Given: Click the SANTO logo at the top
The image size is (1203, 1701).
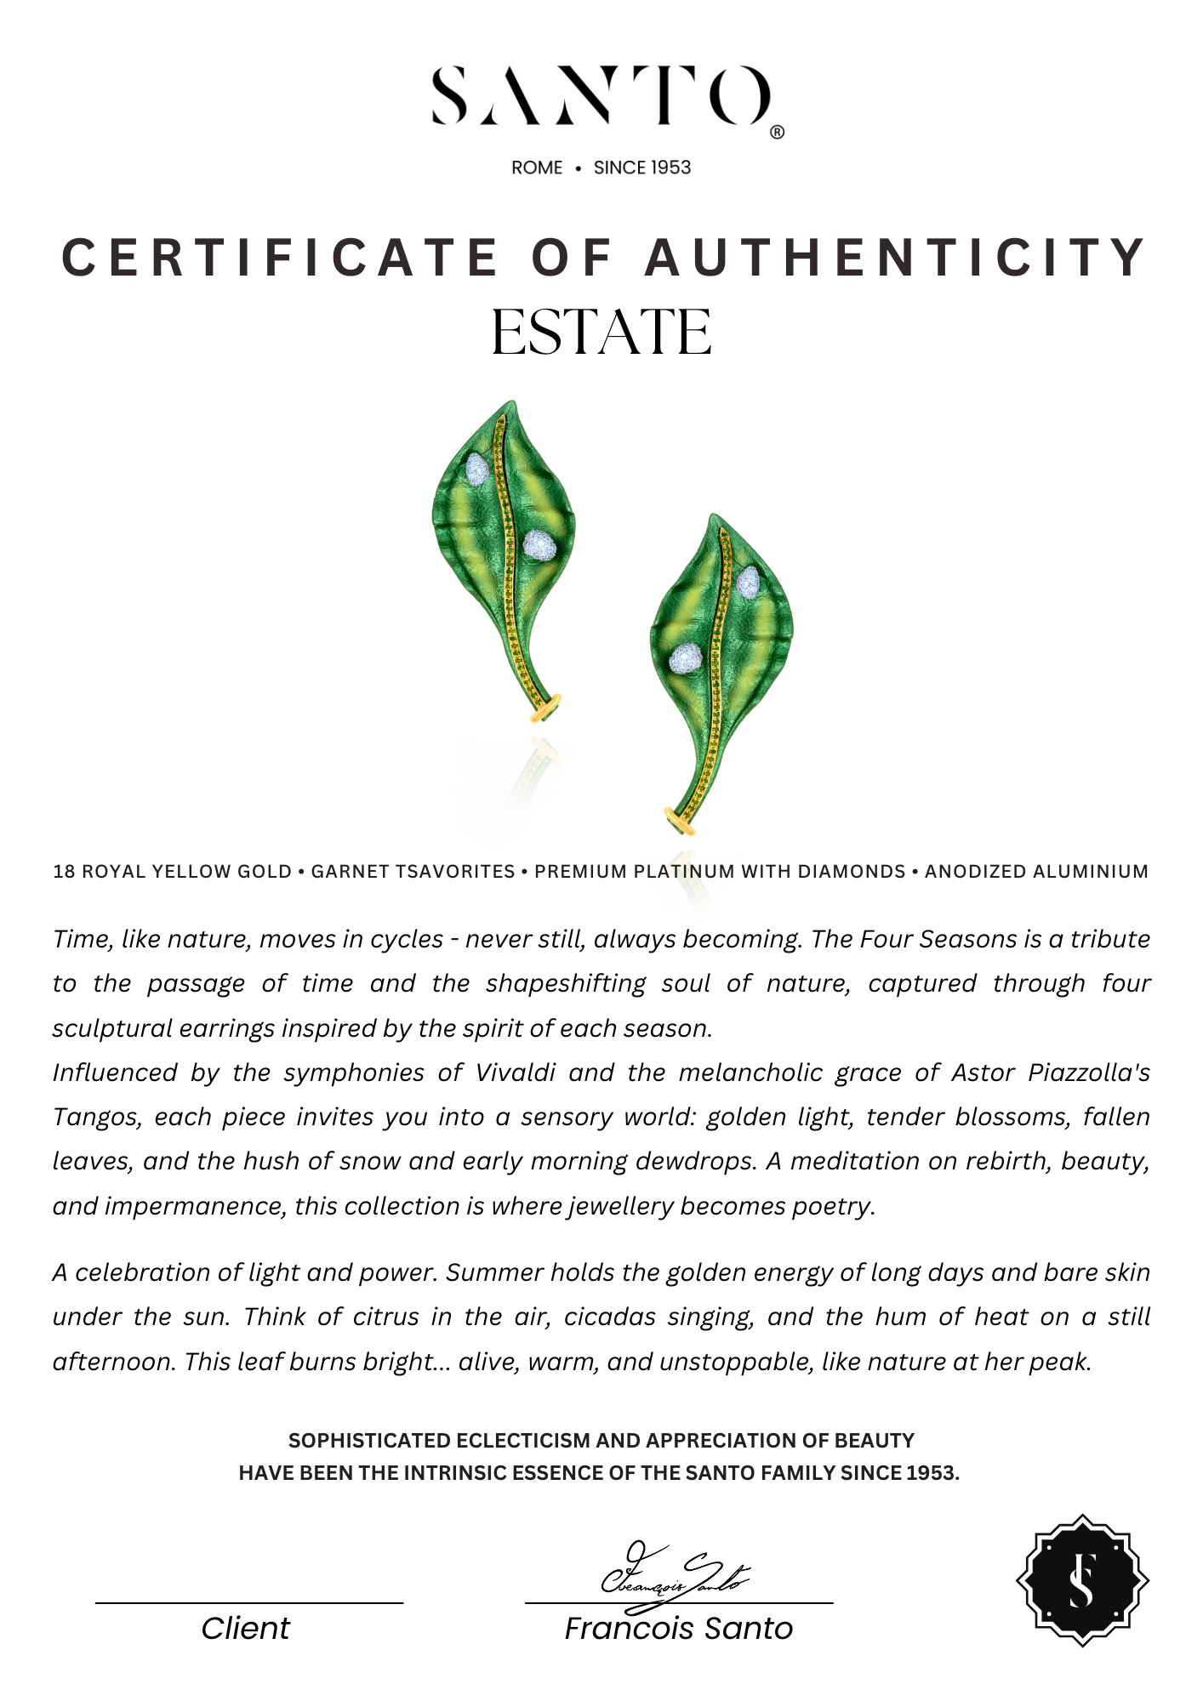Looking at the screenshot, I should [x=601, y=95].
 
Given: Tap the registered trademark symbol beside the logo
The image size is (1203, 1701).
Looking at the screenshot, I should [x=777, y=133].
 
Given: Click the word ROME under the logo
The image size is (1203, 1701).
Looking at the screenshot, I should [x=537, y=168].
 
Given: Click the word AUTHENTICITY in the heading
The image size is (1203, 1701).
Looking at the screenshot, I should [x=897, y=257].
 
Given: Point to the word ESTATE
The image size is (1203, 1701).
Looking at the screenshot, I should [x=601, y=333].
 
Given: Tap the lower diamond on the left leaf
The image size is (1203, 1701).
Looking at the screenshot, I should [x=539, y=544].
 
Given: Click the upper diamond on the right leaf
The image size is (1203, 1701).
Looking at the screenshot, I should [x=748, y=583].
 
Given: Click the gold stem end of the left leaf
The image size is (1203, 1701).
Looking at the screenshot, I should [x=545, y=707].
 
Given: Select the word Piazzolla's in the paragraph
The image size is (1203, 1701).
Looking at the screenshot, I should [x=1088, y=1072].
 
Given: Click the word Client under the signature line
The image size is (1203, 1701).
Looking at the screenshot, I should [x=246, y=1629].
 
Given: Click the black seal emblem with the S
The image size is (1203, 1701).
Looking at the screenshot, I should [x=1082, y=1580].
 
